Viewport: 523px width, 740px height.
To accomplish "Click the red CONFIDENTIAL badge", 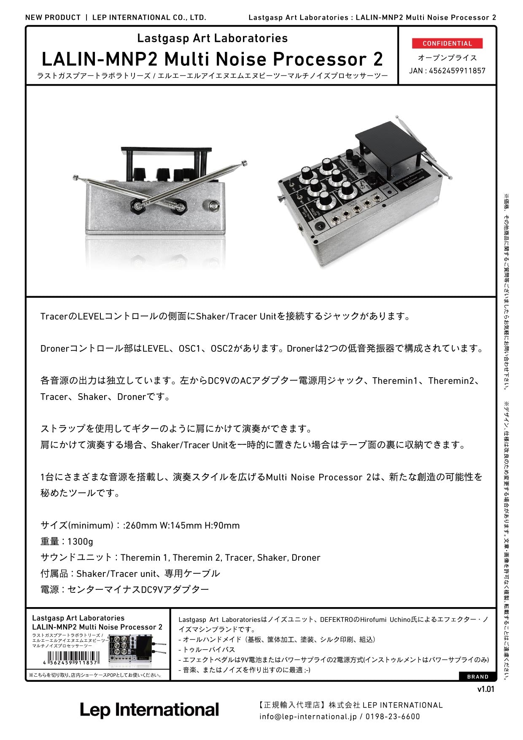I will pos(447,43).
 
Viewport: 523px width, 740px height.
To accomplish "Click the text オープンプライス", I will pos(447,58).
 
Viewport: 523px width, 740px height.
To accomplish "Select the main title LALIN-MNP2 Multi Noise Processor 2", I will pos(212,59).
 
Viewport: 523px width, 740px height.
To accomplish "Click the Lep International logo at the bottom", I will pos(149,710).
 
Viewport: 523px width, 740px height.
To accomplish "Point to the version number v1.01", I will pos(485,689).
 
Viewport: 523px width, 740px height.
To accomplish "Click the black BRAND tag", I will pos(477,677).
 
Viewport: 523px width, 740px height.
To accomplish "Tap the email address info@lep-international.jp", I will pos(308,716).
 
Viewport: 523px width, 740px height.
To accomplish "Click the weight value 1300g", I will pos(80,541).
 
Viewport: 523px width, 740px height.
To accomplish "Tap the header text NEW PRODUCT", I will pos(53,17).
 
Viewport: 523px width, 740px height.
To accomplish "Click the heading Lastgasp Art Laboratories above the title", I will pos(212,38).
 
